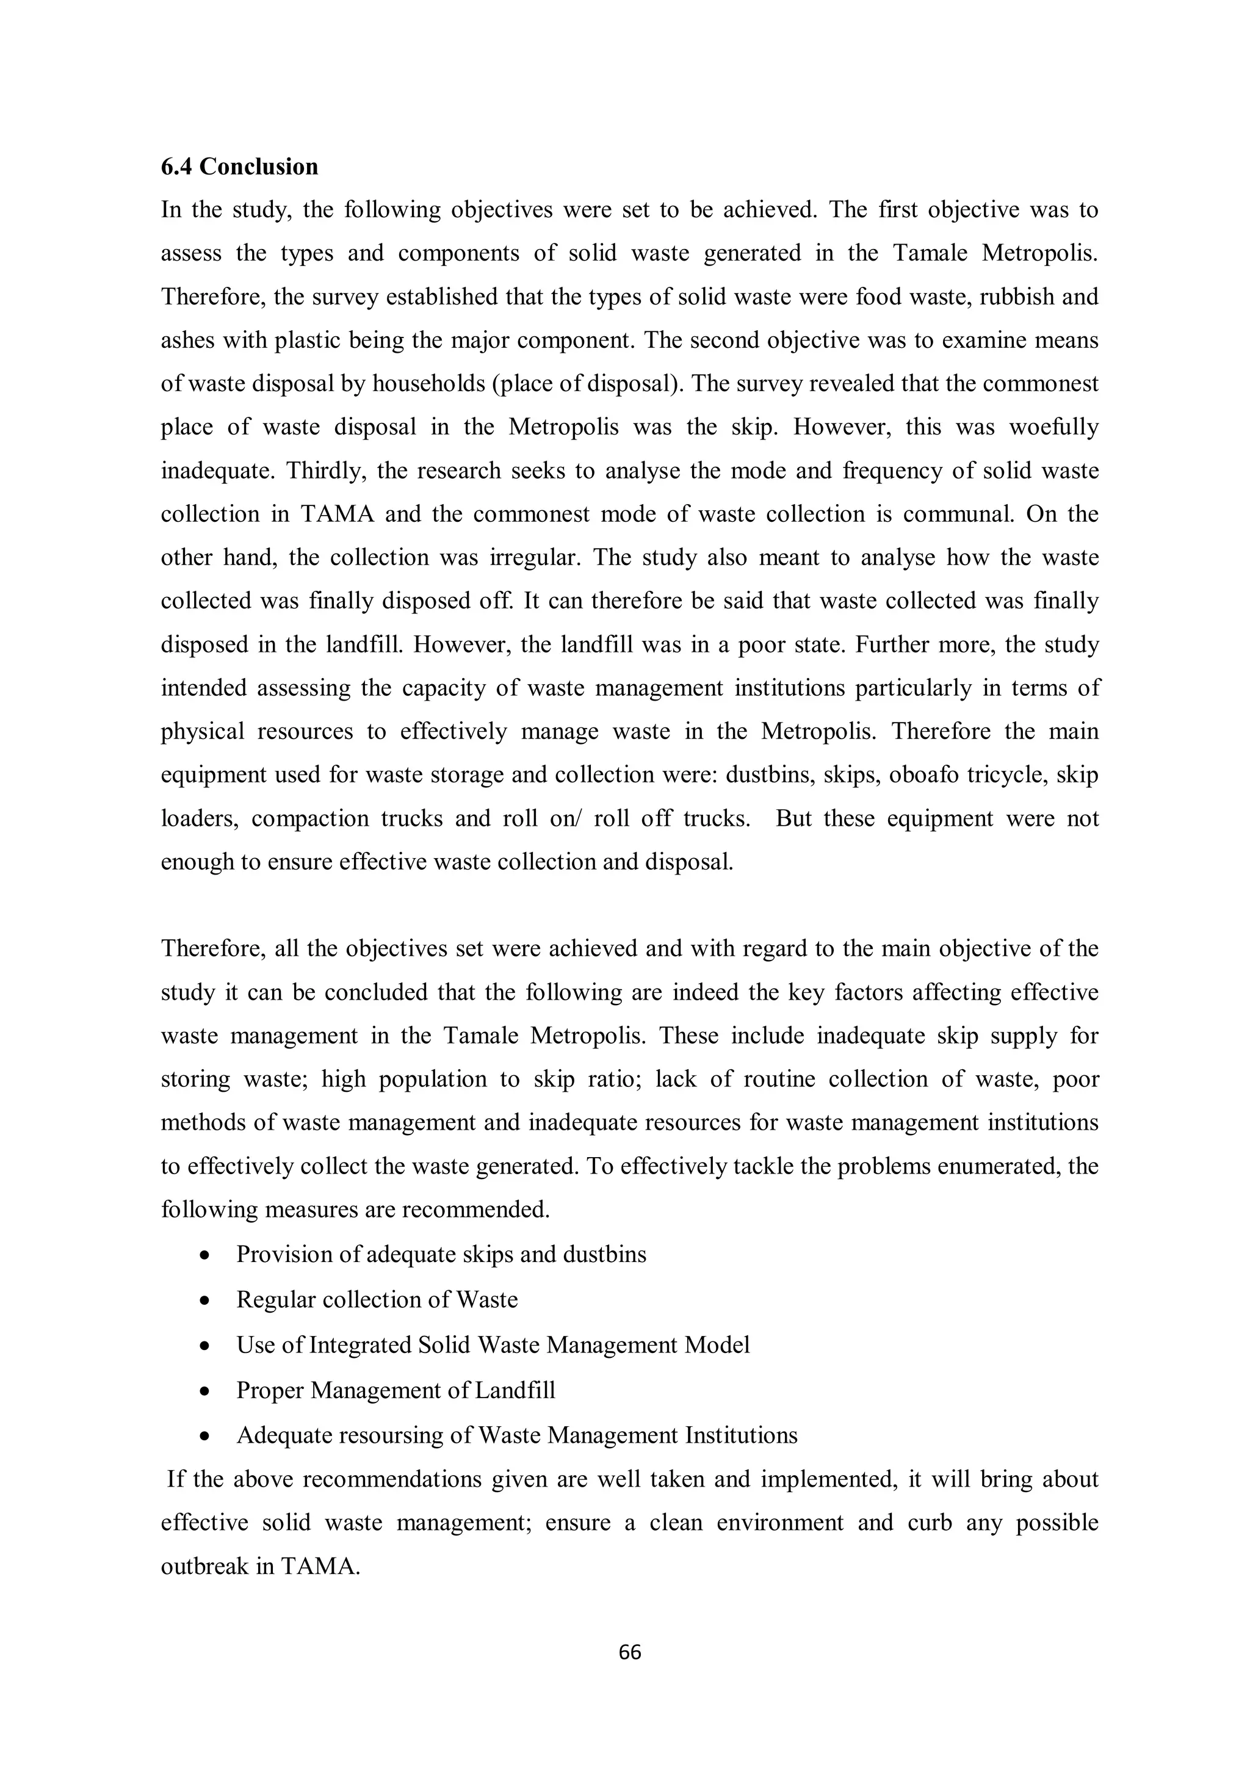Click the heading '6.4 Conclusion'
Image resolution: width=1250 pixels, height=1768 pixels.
pos(239,167)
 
